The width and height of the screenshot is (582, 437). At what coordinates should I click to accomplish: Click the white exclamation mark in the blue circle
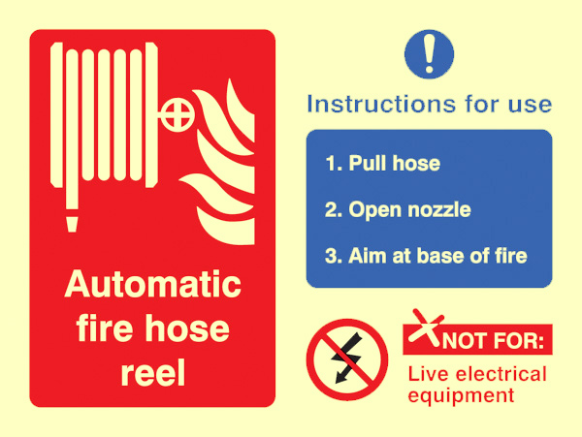[429, 53]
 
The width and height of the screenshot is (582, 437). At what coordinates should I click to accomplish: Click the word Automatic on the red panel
[152, 284]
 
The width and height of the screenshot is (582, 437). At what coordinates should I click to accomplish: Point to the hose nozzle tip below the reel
[72, 224]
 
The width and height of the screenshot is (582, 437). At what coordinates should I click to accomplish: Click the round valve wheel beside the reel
[178, 114]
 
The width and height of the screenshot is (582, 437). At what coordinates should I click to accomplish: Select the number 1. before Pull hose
[334, 164]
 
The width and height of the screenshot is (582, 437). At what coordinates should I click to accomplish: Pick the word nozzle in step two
[439, 210]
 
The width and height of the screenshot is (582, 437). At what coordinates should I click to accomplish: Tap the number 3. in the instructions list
[334, 256]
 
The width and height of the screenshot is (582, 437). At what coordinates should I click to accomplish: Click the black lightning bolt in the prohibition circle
[347, 358]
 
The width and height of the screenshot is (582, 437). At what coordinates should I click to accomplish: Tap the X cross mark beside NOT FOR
[426, 328]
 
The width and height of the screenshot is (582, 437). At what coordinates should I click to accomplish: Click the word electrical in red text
[501, 374]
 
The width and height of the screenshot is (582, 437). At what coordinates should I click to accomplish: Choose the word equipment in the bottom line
[461, 396]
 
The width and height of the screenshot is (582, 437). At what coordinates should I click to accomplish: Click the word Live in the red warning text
[429, 374]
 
